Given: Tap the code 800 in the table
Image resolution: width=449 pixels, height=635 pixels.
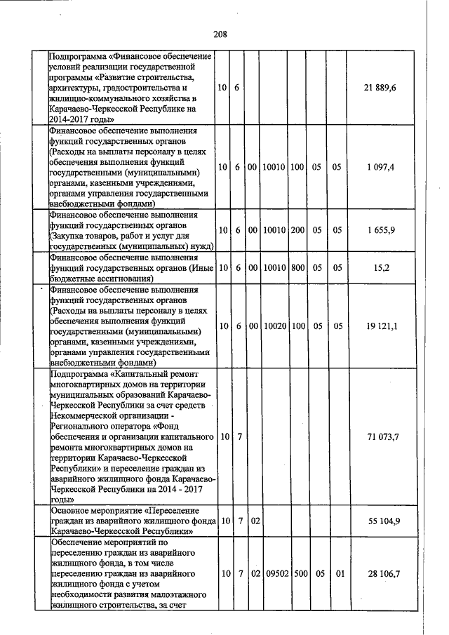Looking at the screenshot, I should tap(297, 268).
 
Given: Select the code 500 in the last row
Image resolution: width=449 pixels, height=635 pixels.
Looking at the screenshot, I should tap(297, 574).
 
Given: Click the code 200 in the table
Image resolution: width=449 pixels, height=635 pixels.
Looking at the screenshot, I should tap(297, 231).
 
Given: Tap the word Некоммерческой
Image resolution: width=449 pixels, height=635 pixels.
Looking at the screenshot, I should tap(86, 415).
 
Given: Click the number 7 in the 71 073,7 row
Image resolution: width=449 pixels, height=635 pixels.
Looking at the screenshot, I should tap(239, 437).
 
